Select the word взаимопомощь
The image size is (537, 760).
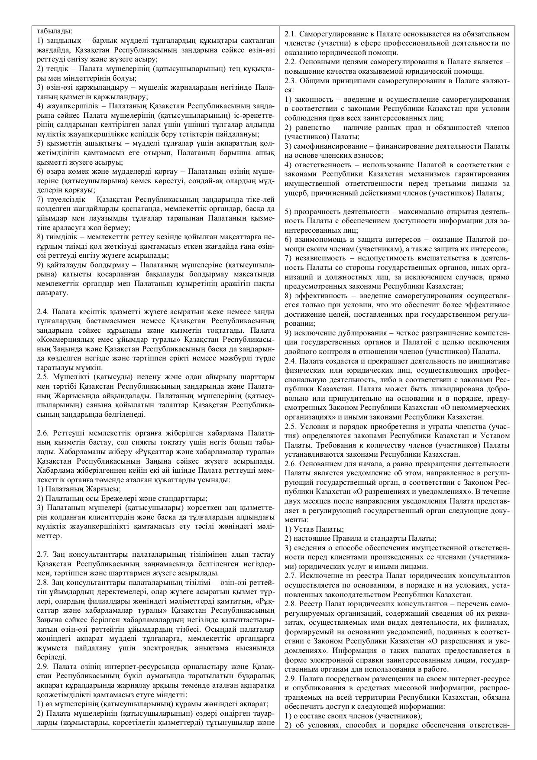[317, 240]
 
